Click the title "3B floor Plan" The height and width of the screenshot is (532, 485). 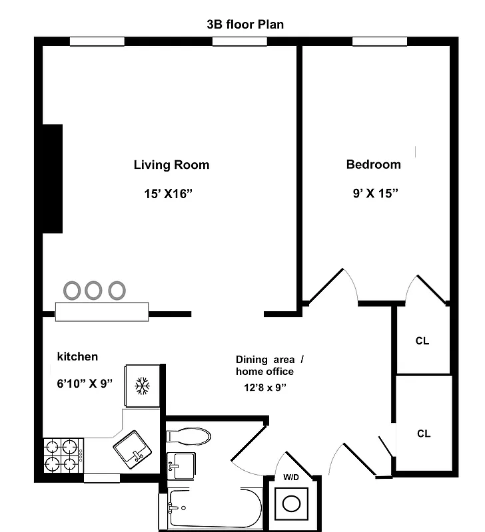pos(246,25)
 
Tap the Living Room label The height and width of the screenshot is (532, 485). pos(171,165)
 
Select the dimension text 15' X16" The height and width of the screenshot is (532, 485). pos(171,194)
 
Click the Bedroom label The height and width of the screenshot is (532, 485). pos(373,164)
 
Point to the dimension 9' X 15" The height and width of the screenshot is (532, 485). pos(375,194)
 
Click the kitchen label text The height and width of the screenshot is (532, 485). pos(77,357)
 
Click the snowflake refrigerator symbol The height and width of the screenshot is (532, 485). pos(141,386)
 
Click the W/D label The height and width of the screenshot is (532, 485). pos(292,476)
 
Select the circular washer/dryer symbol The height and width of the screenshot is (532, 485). pos(292,503)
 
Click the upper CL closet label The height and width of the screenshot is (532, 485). pos(422,341)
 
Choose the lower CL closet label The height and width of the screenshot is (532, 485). pos(424,434)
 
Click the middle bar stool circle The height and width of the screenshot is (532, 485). pos(93,290)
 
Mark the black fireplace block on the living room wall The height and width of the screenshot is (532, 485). pos(53,178)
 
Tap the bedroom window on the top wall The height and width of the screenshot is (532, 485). pos(379,42)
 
